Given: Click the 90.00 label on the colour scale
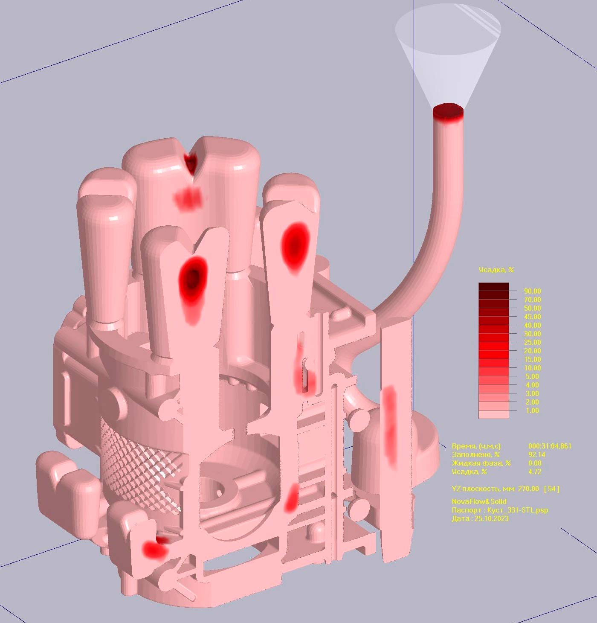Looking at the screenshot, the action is point(532,291).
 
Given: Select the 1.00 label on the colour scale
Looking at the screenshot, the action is point(532,410).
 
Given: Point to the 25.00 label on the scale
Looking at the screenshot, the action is point(532,342).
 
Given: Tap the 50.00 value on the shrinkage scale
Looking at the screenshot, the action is point(532,308).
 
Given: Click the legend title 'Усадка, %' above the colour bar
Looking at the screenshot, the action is point(496,270).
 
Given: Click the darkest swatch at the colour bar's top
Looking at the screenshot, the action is point(494,286).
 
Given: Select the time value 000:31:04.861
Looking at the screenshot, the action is point(550,446).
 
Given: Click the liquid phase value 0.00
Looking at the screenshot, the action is point(535,463).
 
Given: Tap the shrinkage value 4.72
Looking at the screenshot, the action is point(535,472).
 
